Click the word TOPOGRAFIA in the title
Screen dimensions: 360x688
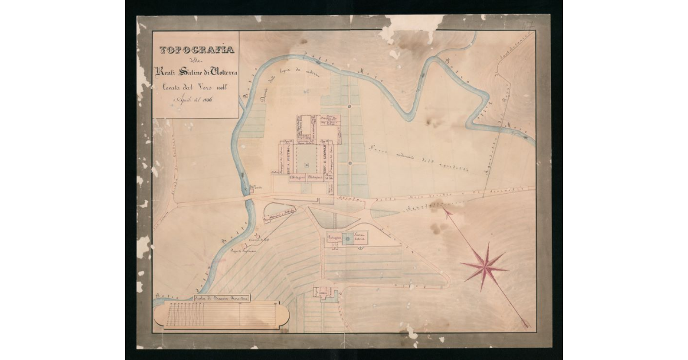point(196,50)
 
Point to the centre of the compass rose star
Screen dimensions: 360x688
point(485,265)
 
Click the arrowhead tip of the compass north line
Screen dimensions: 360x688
point(443,209)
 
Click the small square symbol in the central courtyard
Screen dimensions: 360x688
point(307,165)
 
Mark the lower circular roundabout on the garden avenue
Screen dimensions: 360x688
point(350,164)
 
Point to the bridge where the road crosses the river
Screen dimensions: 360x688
point(247,198)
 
